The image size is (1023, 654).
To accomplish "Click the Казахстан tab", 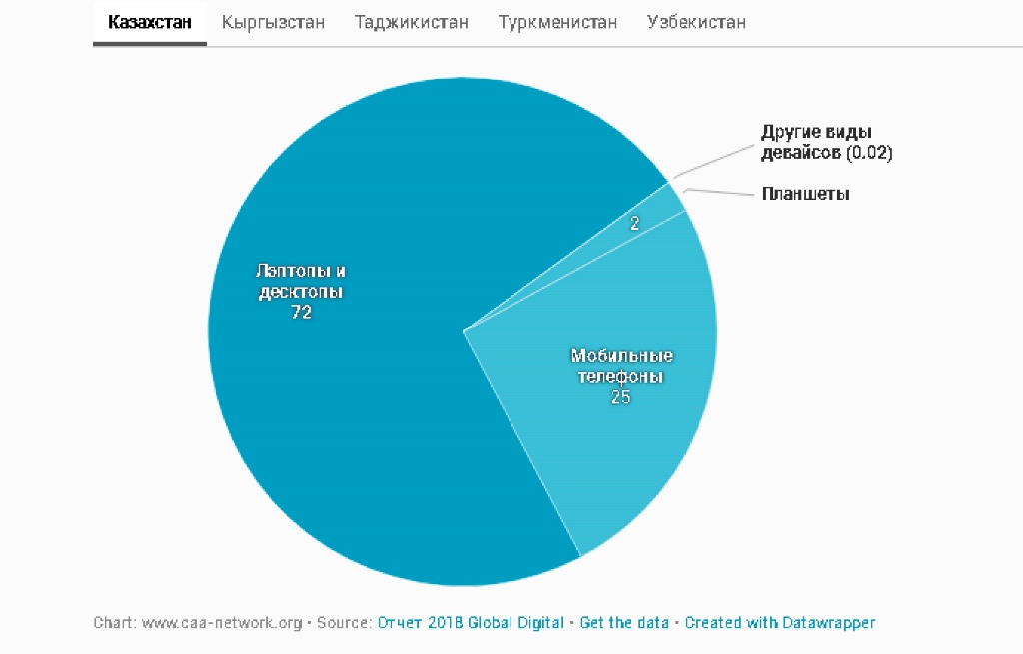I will pos(150,22).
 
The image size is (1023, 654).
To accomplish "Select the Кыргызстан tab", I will pos(273,22).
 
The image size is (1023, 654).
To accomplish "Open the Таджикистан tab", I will pos(411,22).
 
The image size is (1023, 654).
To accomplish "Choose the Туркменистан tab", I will pos(557,22).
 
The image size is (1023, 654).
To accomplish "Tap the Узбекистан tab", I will pos(696,22).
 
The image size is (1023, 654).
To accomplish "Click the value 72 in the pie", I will pos(301,312).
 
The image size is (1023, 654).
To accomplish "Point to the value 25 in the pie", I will pos(621,397).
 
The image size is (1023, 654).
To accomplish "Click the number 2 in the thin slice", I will pos(634,224).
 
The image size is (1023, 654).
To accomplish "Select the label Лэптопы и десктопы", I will pos(301,281).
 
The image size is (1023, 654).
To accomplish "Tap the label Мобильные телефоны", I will pos(621,366).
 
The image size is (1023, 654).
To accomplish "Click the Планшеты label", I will pos(805,194).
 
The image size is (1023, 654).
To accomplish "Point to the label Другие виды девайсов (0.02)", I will pos(826,143).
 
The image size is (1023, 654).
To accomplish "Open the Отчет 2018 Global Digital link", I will pos(470,623).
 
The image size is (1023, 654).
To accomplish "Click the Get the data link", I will pos(624,623).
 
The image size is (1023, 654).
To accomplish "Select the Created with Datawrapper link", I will pos(779,623).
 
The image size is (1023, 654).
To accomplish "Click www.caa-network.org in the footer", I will pos(221,623).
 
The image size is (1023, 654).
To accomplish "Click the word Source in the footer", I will pos(343,623).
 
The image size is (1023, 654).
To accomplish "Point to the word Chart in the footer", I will pos(113,623).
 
